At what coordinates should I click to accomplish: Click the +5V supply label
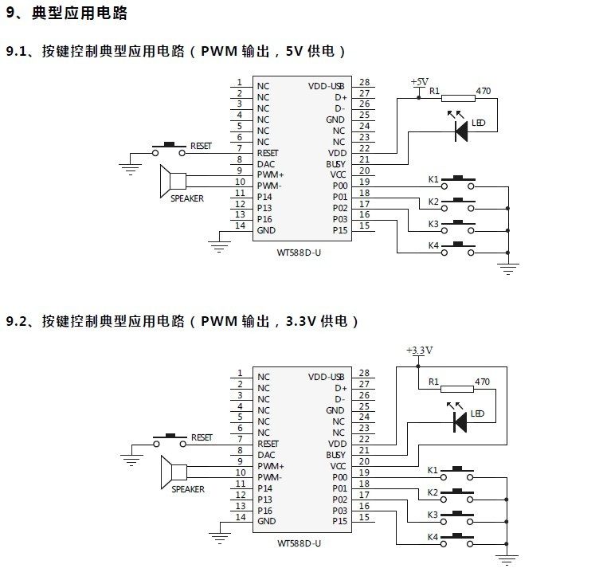pyautogui.click(x=419, y=82)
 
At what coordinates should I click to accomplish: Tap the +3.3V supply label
pyautogui.click(x=419, y=350)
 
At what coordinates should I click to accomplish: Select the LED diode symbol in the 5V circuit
pyautogui.click(x=460, y=131)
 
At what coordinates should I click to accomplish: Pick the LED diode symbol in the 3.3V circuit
pyautogui.click(x=460, y=421)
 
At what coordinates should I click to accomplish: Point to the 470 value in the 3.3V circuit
pyautogui.click(x=482, y=382)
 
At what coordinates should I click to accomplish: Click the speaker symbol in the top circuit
pyautogui.click(x=172, y=180)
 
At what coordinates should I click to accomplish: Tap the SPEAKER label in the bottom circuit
pyautogui.click(x=188, y=489)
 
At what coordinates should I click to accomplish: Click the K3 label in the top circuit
pyautogui.click(x=433, y=224)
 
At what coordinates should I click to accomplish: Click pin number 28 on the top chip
pyautogui.click(x=364, y=82)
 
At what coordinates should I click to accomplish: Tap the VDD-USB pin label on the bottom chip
pyautogui.click(x=327, y=377)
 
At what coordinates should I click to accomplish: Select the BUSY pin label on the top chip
pyautogui.click(x=335, y=164)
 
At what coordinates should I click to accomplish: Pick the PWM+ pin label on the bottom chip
pyautogui.click(x=271, y=465)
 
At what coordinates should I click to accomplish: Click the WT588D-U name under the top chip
pyautogui.click(x=299, y=253)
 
